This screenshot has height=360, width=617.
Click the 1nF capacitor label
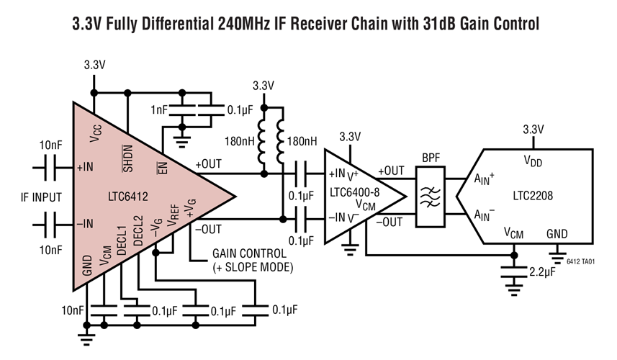[161, 110]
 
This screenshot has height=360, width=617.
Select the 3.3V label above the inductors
[264, 86]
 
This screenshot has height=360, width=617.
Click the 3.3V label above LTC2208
[532, 130]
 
